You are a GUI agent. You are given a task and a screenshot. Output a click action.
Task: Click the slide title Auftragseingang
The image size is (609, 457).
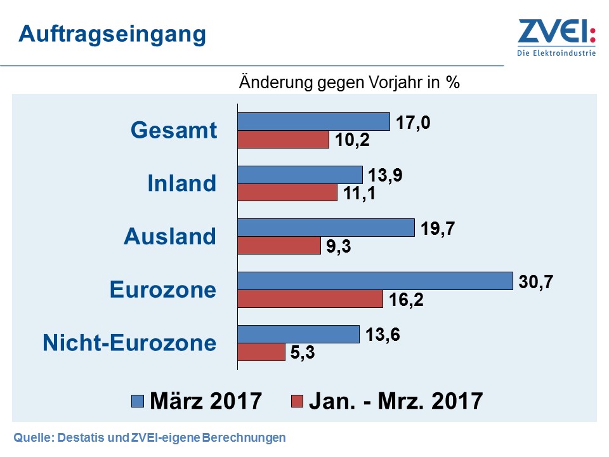tap(112, 34)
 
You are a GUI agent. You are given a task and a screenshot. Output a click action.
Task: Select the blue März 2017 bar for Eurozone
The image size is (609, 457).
tap(374, 281)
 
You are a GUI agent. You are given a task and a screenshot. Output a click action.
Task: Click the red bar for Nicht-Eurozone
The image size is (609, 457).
tap(261, 352)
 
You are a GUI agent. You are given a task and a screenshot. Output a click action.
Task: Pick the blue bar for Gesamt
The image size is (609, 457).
tap(313, 121)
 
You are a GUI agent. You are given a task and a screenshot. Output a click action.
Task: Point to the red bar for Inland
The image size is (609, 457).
tap(287, 192)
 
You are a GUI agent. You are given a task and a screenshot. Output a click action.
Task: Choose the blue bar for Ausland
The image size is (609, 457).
tap(325, 228)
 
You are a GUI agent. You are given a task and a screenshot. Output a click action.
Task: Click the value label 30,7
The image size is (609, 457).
tap(537, 281)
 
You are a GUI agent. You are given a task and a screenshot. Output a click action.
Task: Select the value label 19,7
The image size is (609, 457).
tap(438, 228)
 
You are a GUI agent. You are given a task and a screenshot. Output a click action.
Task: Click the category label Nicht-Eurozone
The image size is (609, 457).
tap(129, 343)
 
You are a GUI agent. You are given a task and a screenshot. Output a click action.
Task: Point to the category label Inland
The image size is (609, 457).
tap(181, 183)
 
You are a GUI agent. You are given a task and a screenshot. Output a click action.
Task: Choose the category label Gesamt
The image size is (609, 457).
tap(173, 130)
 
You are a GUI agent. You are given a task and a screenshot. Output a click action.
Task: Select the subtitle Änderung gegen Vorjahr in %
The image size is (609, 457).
tap(349, 83)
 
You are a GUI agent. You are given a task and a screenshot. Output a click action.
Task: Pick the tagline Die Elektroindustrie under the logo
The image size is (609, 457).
tap(556, 53)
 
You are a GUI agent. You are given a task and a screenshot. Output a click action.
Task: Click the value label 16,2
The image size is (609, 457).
tap(406, 299)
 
